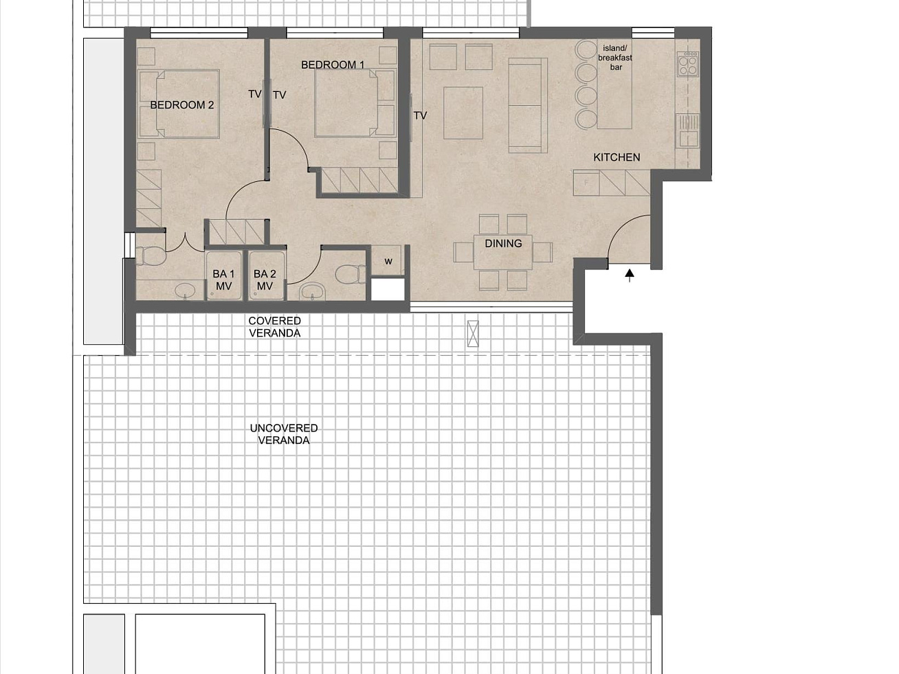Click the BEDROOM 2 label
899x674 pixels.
(x=182, y=105)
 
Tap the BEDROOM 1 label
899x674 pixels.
(x=333, y=65)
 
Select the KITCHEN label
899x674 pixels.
(x=617, y=157)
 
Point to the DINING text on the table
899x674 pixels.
(x=503, y=243)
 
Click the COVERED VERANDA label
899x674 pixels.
(x=274, y=327)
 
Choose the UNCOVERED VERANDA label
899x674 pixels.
(x=284, y=434)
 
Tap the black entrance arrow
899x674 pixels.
(x=630, y=275)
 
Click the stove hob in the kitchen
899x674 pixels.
(x=687, y=64)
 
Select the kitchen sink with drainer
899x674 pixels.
(x=687, y=131)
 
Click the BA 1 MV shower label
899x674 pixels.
(x=223, y=280)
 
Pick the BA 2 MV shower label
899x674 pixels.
(x=265, y=280)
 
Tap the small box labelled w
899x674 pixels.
(x=388, y=260)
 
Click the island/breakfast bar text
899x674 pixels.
(x=615, y=58)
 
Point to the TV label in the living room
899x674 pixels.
(x=420, y=116)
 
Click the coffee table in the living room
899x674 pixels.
(x=463, y=113)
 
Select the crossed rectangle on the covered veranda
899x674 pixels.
(x=473, y=333)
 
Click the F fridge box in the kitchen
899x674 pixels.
(x=586, y=183)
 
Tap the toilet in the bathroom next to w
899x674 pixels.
(x=351, y=274)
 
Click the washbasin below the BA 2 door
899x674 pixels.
(x=313, y=292)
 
